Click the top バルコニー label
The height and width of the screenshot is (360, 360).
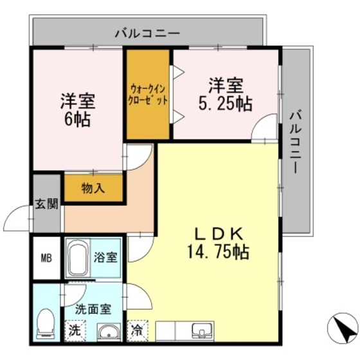point(148,32)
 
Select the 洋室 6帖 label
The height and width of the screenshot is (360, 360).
point(77,110)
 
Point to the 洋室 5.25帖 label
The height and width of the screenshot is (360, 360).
point(225,94)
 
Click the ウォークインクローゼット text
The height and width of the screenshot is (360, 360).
point(148,94)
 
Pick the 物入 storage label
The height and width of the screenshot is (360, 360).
point(93,189)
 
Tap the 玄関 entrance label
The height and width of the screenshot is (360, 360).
point(46,204)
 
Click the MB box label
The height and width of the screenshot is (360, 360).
point(46,259)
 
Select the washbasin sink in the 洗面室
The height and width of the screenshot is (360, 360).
point(109,332)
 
